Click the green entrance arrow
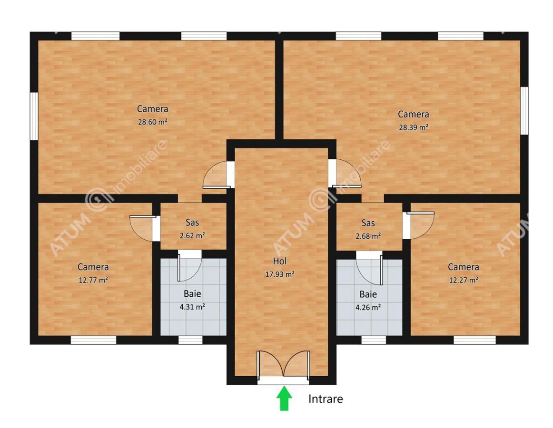(x=284, y=399)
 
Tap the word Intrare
(x=326, y=399)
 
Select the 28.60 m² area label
(x=152, y=122)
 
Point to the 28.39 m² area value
(x=414, y=127)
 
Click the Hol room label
(x=280, y=261)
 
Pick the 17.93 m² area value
(x=280, y=274)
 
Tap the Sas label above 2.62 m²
(x=192, y=223)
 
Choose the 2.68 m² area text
(x=368, y=236)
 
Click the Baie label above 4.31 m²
(x=192, y=294)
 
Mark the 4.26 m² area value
(x=368, y=307)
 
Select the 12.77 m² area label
(x=93, y=280)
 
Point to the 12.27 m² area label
(x=464, y=280)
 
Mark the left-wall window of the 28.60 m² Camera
(x=34, y=116)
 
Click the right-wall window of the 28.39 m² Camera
(x=524, y=111)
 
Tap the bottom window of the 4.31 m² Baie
(x=190, y=340)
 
